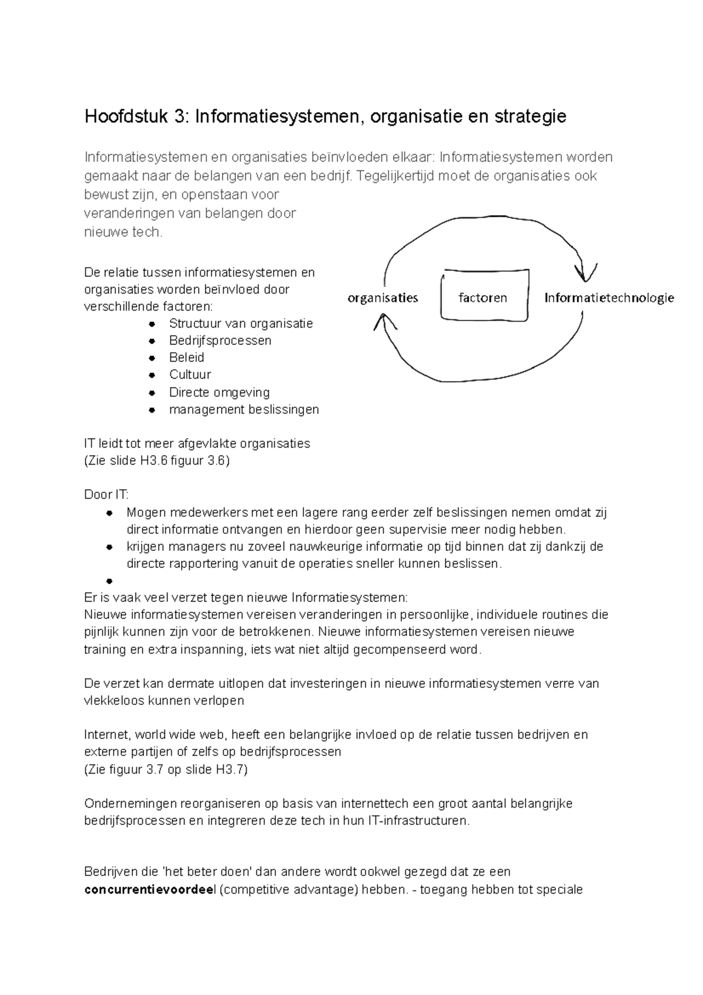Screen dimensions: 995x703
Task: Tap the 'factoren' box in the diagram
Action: (484, 297)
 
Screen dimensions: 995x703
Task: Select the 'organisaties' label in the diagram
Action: (383, 298)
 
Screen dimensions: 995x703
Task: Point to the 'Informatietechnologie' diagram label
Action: (609, 298)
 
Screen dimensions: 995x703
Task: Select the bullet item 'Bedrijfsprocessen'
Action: (220, 340)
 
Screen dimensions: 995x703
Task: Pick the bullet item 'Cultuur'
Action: (190, 374)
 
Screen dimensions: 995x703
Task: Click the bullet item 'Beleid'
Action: (186, 357)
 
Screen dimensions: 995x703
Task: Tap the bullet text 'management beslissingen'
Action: (244, 409)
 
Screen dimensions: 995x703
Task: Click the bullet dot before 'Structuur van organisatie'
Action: (152, 324)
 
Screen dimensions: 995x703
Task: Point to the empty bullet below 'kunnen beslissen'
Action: (109, 581)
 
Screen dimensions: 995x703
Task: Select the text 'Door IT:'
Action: (106, 495)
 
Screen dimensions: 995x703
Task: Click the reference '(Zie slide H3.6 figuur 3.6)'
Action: (157, 461)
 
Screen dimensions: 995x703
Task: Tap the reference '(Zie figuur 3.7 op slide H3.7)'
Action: (166, 769)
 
